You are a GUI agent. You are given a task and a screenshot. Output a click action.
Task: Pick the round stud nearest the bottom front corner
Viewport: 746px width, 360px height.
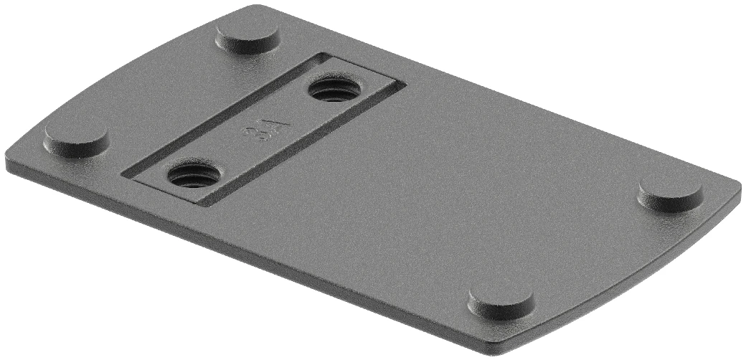tap(501, 301)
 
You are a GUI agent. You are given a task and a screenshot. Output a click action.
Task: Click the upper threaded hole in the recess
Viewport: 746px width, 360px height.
tap(333, 90)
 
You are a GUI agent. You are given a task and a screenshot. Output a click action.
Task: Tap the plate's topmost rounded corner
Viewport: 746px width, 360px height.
tap(251, 9)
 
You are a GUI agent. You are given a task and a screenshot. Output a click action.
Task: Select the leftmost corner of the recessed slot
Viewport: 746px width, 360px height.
tap(123, 173)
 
